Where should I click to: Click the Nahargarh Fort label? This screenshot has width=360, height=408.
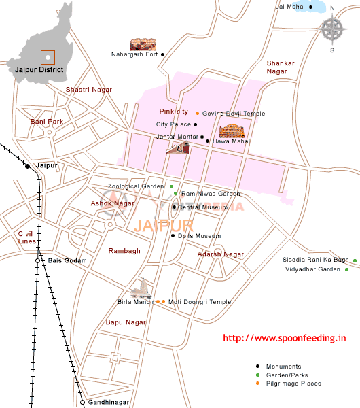(x=134, y=54)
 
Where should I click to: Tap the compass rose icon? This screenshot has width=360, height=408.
(x=332, y=29)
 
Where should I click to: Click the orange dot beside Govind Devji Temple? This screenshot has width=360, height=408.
(x=197, y=113)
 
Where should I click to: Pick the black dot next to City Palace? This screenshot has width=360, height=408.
(x=196, y=124)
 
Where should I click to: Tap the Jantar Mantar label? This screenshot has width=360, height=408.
(x=177, y=137)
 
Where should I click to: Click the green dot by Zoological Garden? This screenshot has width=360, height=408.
(x=172, y=186)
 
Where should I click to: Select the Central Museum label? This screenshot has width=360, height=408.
(x=202, y=207)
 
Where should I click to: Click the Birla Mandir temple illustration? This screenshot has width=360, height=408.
(x=141, y=289)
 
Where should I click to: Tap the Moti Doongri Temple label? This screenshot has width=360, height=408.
(x=200, y=302)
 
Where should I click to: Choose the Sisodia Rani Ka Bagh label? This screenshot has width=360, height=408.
(x=315, y=260)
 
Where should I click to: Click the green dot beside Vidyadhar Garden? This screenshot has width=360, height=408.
(x=346, y=270)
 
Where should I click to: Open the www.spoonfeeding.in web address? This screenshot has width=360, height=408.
(x=285, y=338)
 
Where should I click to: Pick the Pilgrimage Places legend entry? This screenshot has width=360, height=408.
(x=293, y=384)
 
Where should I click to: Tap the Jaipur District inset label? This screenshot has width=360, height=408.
(x=39, y=69)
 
